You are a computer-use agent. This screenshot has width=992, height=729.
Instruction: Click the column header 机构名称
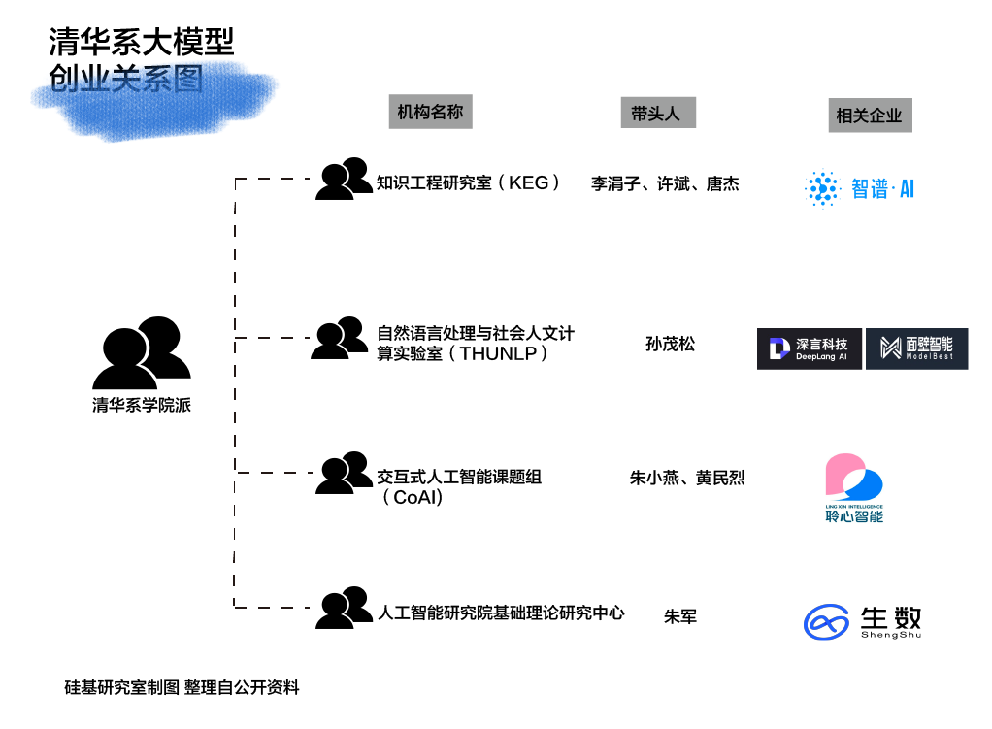click(430, 112)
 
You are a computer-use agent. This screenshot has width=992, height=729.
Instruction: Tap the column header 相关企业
click(869, 116)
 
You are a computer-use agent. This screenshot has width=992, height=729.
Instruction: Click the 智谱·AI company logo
click(860, 188)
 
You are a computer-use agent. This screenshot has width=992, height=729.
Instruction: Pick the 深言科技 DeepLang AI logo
click(809, 348)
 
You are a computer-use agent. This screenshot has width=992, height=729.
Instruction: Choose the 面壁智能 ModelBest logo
click(916, 348)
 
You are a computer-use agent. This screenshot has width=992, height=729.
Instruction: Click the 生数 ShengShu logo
click(862, 621)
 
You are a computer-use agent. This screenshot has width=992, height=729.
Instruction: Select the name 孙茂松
click(670, 344)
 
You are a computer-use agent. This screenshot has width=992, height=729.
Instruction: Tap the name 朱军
click(679, 615)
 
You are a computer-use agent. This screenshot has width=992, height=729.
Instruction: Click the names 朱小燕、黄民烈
click(686, 478)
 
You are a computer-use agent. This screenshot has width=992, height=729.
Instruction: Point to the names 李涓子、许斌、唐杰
click(665, 183)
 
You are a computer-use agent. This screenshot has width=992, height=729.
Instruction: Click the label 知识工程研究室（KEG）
click(469, 182)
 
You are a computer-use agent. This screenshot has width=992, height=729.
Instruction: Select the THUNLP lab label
click(476, 344)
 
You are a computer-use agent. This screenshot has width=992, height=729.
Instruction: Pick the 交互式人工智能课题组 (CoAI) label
click(458, 486)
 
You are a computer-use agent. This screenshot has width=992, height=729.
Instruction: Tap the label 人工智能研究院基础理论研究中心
click(500, 613)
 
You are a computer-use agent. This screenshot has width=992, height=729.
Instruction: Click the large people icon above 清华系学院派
click(142, 352)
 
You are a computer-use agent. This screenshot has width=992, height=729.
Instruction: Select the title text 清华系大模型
click(142, 42)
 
